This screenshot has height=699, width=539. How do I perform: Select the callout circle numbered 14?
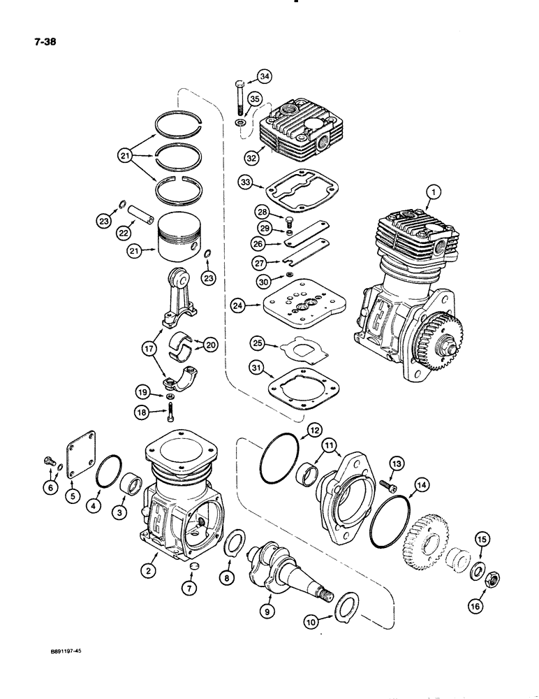[x=420, y=483]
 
